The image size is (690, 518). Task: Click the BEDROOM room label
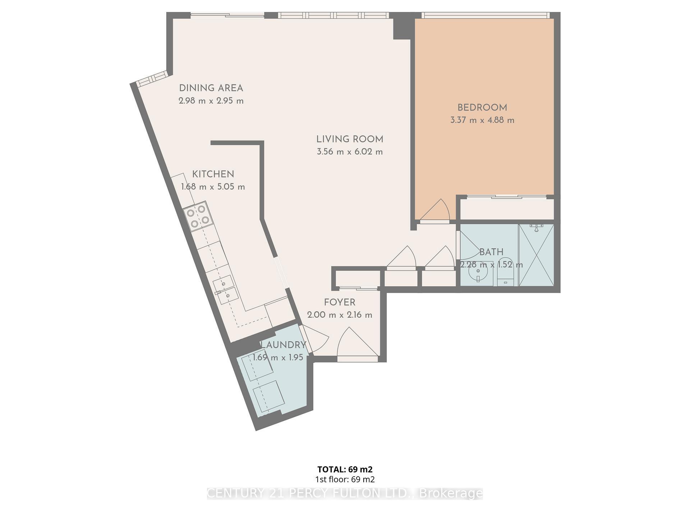click(482, 108)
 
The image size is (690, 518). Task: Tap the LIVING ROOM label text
click(350, 139)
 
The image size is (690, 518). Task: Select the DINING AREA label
click(211, 88)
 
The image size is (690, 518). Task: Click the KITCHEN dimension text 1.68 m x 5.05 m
click(213, 187)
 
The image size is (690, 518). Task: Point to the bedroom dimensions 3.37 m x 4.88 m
click(482, 120)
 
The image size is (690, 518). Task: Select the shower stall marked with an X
click(536, 255)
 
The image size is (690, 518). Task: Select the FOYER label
click(340, 303)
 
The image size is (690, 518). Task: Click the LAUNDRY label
click(283, 345)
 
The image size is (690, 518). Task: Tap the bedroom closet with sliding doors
click(507, 209)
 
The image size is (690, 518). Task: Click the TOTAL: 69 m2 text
click(345, 469)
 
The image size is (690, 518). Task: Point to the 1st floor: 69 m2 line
click(345, 479)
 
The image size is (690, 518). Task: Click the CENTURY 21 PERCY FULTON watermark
click(345, 493)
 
